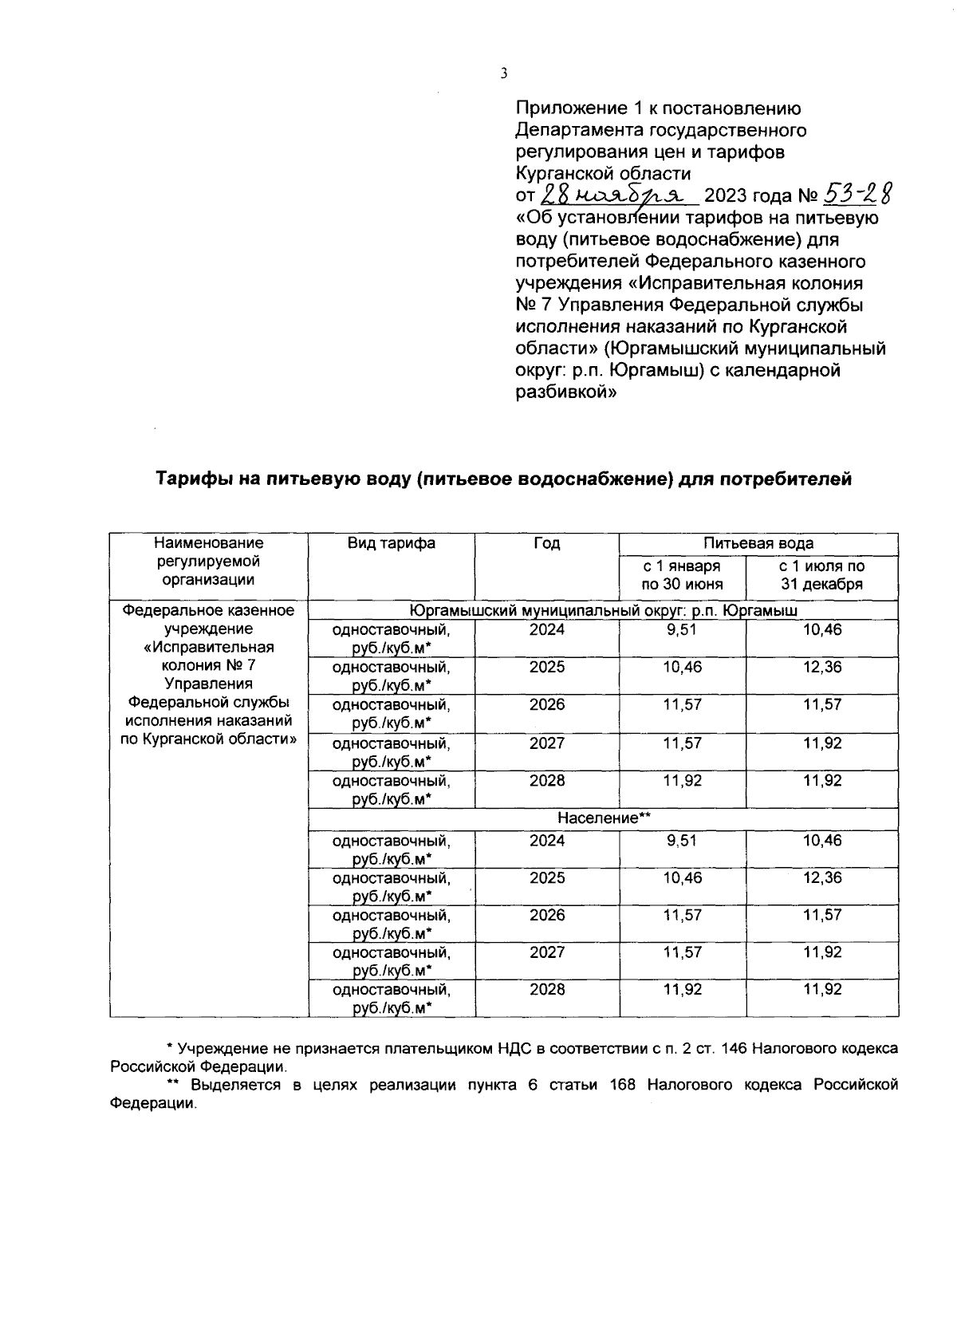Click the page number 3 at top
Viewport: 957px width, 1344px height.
click(x=503, y=74)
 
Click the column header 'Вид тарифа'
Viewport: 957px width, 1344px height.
click(x=391, y=543)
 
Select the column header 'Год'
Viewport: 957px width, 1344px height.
click(x=546, y=543)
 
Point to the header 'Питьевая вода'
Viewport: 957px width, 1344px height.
click(x=758, y=543)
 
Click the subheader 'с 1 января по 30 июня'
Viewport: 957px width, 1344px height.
click(x=682, y=574)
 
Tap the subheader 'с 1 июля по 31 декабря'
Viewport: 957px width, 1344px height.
click(x=821, y=574)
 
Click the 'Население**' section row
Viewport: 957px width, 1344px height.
click(x=604, y=818)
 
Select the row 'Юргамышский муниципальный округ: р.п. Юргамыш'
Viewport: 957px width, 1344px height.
click(x=604, y=610)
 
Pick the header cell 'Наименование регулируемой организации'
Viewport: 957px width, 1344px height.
click(x=208, y=562)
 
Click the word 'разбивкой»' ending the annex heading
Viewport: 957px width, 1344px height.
click(x=566, y=392)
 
